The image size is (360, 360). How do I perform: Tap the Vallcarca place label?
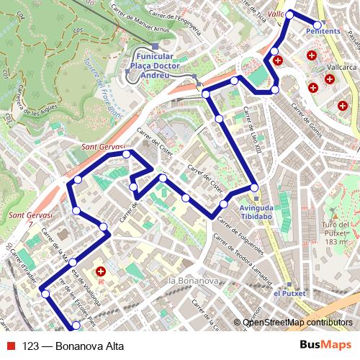click(342, 66)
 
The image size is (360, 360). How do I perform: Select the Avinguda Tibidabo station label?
click(256, 210)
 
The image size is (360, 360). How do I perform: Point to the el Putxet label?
click(289, 293)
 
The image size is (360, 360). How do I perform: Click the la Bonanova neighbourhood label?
click(192, 279)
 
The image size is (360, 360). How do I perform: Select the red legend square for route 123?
click(11, 345)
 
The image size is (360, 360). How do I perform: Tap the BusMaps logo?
click(325, 345)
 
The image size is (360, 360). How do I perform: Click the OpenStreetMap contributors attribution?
click(297, 323)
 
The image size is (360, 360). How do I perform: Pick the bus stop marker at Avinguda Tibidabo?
click(255, 188)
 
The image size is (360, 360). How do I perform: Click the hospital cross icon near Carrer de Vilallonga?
click(101, 272)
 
